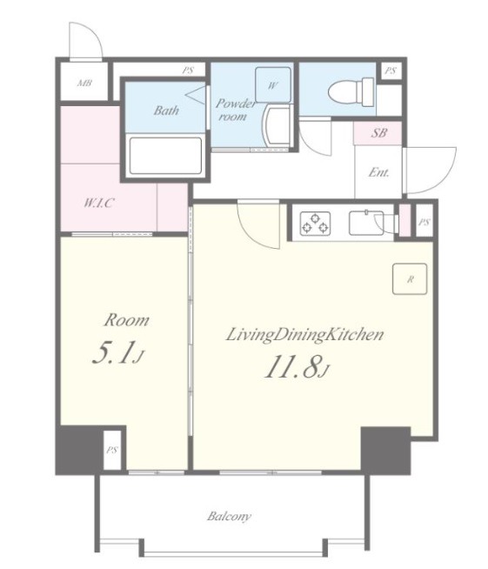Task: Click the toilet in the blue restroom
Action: click(351, 91)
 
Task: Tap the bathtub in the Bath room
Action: click(165, 156)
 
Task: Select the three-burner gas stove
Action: click(315, 224)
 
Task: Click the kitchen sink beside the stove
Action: click(366, 223)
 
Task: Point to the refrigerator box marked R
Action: click(410, 278)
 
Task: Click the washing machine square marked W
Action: click(273, 85)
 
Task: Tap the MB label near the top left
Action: click(84, 84)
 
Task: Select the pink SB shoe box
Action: click(378, 133)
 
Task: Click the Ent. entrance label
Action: click(378, 172)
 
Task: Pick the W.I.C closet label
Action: click(99, 203)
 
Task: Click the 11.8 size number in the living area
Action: click(297, 367)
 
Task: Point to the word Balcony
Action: click(229, 516)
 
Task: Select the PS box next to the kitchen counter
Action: click(424, 221)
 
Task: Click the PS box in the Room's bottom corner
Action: click(111, 450)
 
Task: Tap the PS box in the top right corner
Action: click(391, 70)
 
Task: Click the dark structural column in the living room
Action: click(385, 451)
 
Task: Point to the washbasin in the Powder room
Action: click(277, 125)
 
